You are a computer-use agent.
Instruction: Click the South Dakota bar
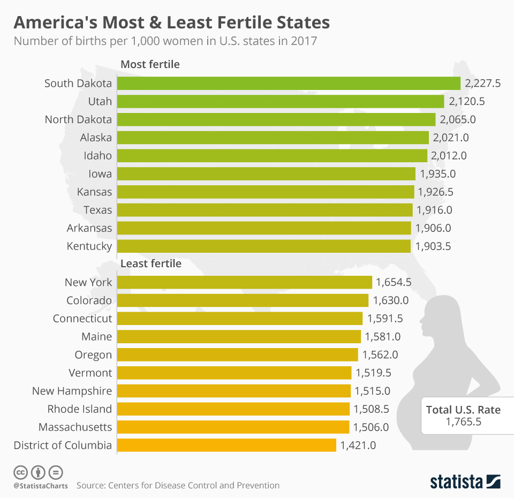tap(289, 83)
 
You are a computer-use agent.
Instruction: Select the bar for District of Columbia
tap(226, 445)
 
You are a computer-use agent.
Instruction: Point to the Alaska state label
tap(96, 138)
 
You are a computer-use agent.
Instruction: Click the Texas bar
tap(264, 209)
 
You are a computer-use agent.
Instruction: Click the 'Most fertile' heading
tap(150, 64)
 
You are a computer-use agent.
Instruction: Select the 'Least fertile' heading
tap(151, 263)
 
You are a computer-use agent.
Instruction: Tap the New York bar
tap(244, 282)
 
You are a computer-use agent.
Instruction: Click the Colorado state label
tap(89, 300)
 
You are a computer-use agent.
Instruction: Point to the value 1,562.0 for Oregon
tap(380, 354)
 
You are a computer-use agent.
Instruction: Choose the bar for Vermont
tap(234, 373)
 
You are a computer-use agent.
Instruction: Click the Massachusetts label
tap(75, 427)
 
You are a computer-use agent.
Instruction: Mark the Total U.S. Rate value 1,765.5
tap(463, 422)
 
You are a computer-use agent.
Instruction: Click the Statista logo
tap(465, 481)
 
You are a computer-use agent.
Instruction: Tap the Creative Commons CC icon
tap(20, 472)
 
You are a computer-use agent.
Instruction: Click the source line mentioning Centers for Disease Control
tap(178, 486)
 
